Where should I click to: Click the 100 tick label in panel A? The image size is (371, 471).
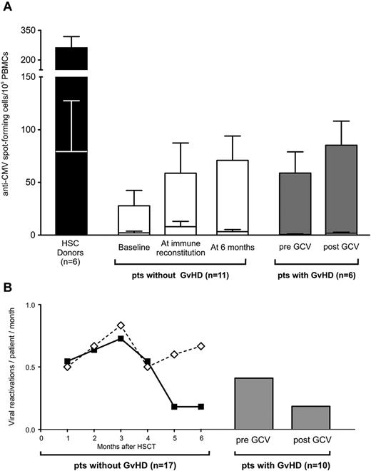point(26,130)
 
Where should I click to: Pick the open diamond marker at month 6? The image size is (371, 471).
point(202,346)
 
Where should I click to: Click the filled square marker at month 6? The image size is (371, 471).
point(202,407)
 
